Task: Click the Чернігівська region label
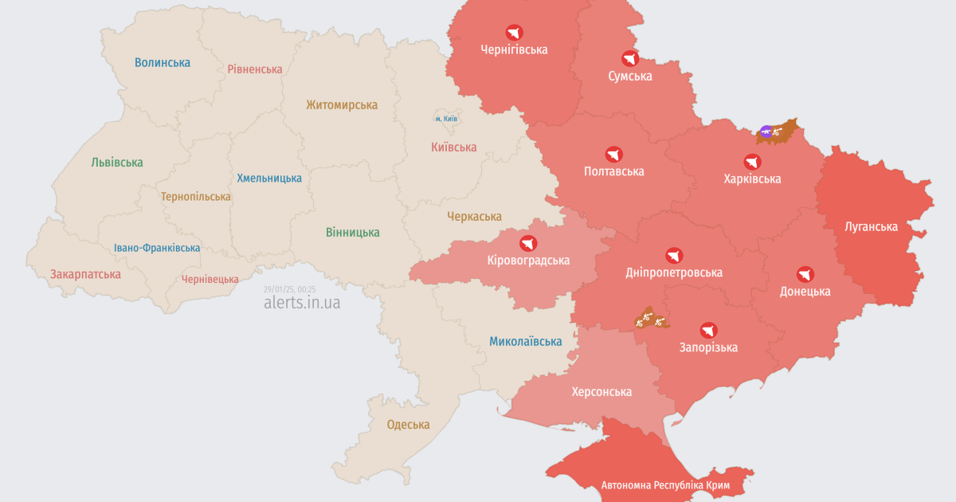pos(514,49)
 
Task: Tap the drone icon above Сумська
pos(630,58)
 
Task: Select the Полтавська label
pos(613,171)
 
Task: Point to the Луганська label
pos(871,226)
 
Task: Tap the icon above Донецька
pos(805,274)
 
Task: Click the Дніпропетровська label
pos(674,273)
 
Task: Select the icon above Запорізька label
pos(708,330)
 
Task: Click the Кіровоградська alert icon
pos(528,243)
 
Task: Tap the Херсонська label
pos(601,391)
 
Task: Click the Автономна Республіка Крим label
pos(665,484)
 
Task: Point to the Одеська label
pos(408,425)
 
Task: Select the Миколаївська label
pos(525,341)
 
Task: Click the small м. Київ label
pos(446,119)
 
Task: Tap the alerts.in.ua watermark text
pos(302,303)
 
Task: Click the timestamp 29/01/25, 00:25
pos(289,289)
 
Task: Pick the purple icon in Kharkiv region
pos(766,131)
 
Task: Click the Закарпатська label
pos(85,274)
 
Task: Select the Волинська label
pos(163,62)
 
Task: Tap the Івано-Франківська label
pos(157,248)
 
